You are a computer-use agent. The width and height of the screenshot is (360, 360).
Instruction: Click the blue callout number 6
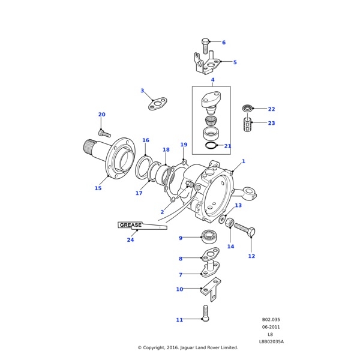coord(224,43)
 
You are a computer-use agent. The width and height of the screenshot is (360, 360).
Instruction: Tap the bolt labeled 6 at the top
coord(205,46)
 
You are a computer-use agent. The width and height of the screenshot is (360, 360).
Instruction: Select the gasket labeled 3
coord(157,104)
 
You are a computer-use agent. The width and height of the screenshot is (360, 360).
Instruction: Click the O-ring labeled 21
coord(211,145)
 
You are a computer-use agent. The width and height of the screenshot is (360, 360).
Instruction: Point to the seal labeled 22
coord(247,108)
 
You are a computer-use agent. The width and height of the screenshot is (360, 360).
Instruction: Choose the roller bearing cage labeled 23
coord(248,125)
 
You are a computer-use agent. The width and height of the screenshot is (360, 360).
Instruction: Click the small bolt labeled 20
coord(104,133)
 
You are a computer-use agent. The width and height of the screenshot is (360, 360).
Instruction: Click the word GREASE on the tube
coord(131,225)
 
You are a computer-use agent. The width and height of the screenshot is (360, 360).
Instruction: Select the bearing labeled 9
coord(209,236)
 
